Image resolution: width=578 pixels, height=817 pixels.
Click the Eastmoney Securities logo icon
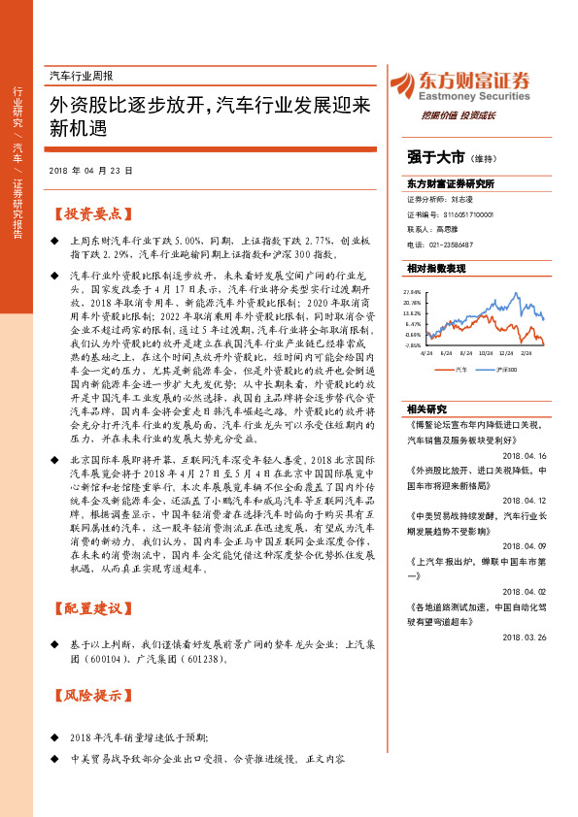(399, 84)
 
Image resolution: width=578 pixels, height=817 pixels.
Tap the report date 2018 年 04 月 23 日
(89, 169)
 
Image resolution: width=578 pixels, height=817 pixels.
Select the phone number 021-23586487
(449, 245)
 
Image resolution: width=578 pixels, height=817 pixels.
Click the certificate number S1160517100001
(457, 213)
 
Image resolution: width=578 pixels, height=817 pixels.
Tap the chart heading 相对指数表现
(436, 268)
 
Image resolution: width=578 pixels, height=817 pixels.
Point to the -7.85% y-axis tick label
(412, 344)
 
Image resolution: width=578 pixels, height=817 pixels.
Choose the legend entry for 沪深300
(505, 368)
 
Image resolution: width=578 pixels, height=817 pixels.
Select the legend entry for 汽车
(458, 368)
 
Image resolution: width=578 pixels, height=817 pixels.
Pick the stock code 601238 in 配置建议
(202, 659)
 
